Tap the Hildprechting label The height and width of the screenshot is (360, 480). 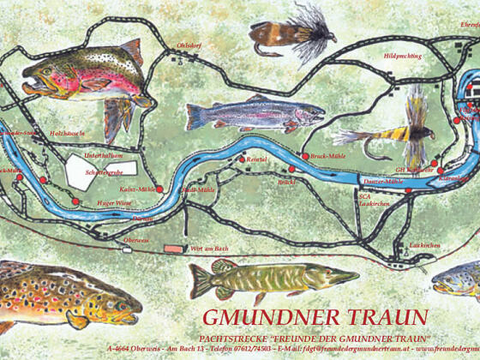(x=402, y=56)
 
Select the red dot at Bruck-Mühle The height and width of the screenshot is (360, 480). (x=303, y=156)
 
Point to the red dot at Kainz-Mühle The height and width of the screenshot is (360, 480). (x=159, y=189)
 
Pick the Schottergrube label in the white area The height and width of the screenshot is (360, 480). (x=105, y=172)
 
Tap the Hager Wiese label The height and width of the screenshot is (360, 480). (x=113, y=203)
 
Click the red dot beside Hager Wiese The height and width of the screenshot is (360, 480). (x=76, y=202)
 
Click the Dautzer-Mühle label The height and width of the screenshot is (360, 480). (x=382, y=182)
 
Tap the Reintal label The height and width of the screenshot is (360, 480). (x=256, y=159)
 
